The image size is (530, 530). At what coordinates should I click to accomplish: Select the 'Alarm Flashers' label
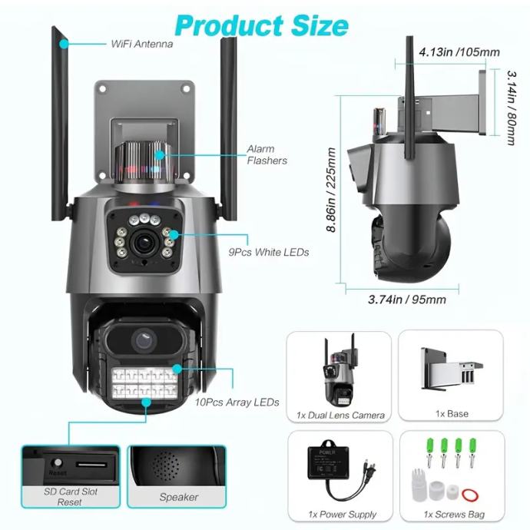267,155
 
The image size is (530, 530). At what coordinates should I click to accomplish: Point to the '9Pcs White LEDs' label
269,251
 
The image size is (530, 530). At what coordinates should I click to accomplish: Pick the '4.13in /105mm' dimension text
459,52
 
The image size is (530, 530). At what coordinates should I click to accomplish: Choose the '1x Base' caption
452,414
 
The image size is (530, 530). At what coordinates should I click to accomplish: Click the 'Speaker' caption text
178,497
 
